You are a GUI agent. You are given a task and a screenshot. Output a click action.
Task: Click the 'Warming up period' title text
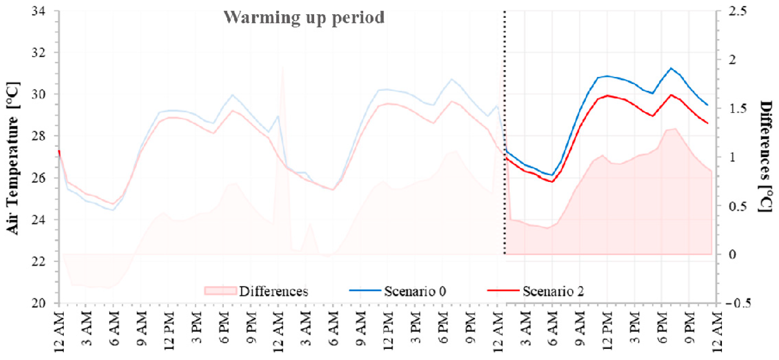(x=304, y=17)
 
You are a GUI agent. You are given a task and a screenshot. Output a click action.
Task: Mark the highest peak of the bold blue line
(x=671, y=68)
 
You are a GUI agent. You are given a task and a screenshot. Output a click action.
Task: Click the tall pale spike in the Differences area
(x=282, y=68)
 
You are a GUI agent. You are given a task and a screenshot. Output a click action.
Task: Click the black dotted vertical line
(x=504, y=133)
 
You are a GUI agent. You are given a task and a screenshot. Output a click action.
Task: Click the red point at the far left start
(x=59, y=151)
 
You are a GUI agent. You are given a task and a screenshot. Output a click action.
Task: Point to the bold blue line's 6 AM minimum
(x=552, y=175)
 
